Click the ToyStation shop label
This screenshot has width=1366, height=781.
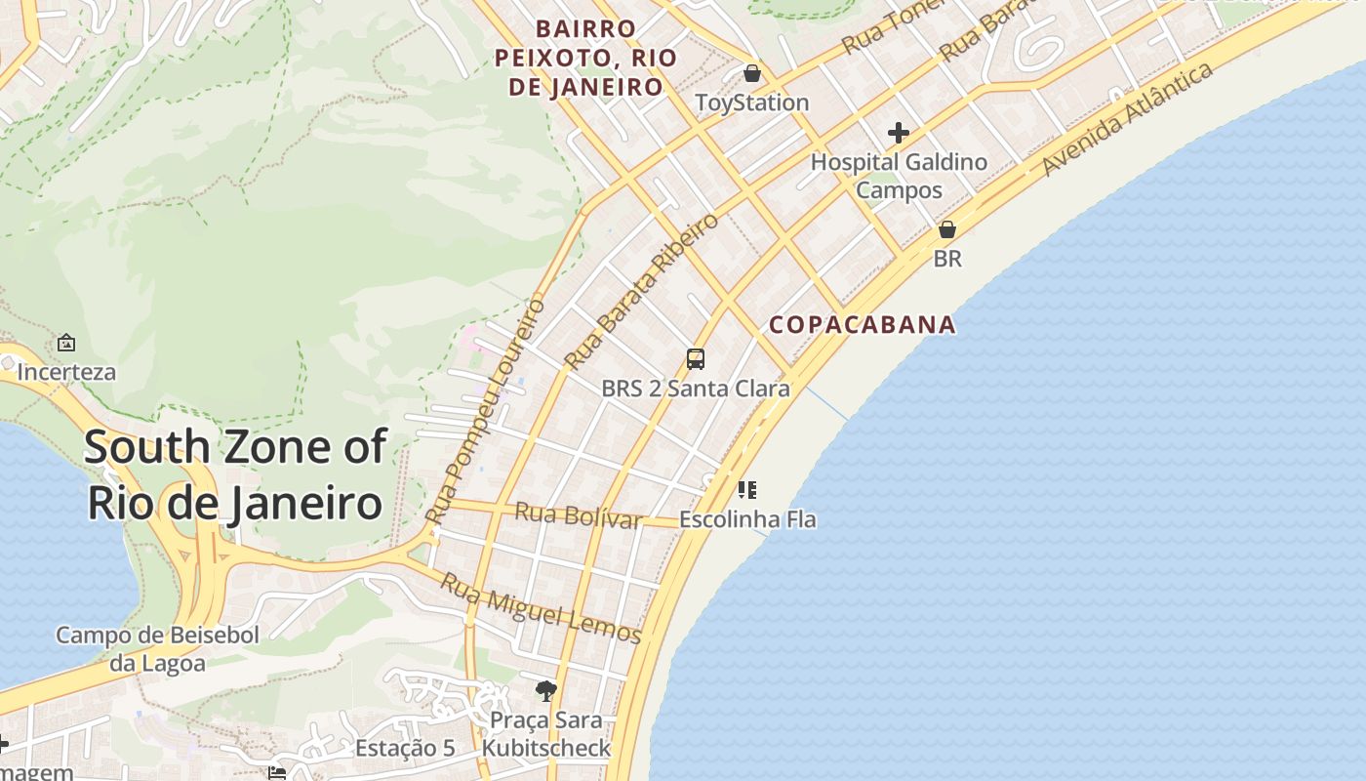(751, 103)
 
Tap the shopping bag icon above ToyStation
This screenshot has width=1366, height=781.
(752, 73)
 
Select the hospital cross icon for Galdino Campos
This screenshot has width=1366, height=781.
(899, 133)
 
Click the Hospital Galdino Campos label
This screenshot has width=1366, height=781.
(899, 176)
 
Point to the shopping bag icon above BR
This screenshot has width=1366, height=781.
(946, 230)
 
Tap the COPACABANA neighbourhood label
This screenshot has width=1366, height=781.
(863, 325)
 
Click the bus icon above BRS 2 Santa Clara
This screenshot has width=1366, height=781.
(696, 359)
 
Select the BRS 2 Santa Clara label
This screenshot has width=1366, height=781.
(696, 389)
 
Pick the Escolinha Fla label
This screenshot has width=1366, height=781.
(747, 519)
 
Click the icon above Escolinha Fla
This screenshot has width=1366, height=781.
(747, 490)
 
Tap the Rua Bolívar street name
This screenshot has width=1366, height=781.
(579, 514)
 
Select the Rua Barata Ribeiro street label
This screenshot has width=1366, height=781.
(641, 291)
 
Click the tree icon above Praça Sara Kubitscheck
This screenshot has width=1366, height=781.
(546, 691)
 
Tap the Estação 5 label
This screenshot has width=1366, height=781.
(405, 749)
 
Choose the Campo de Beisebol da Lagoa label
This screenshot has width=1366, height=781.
(157, 649)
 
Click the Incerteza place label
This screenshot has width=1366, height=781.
(66, 372)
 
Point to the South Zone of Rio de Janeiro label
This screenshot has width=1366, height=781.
(234, 475)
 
